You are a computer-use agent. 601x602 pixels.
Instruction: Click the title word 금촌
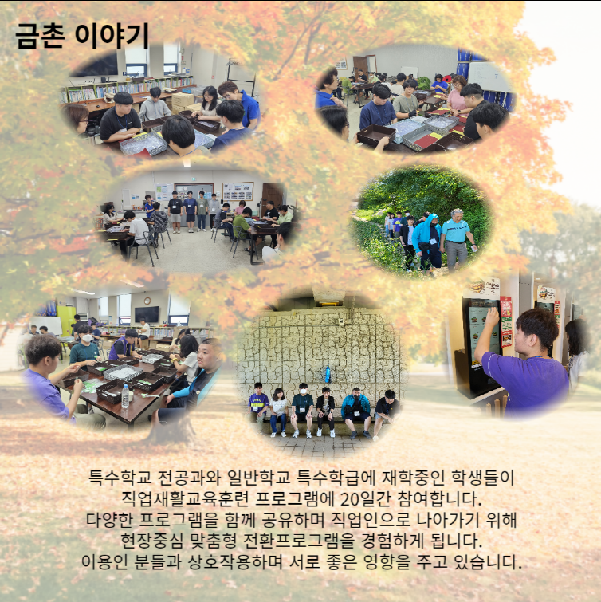click(x=40, y=36)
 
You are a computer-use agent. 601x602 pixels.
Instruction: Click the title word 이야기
click(x=112, y=36)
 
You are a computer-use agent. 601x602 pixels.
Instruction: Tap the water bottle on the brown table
click(x=125, y=396)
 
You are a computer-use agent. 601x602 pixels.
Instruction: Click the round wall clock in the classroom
click(x=147, y=301)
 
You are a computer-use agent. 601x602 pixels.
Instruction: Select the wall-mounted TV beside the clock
click(x=147, y=314)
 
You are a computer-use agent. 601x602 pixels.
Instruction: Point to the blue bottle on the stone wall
click(x=328, y=374)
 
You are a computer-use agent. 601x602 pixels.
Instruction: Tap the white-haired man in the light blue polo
click(x=456, y=238)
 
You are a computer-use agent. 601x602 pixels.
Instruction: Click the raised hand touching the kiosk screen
click(x=493, y=317)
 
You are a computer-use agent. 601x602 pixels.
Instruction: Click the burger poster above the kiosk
click(x=481, y=288)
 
